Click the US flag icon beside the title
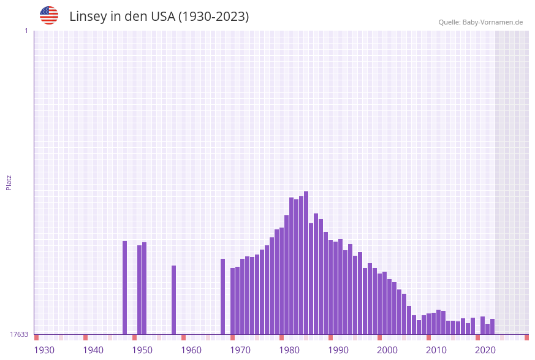click(x=49, y=15)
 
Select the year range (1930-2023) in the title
click(x=213, y=17)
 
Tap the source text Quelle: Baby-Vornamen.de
click(x=480, y=22)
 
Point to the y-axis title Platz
click(x=9, y=182)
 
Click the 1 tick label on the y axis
click(x=26, y=31)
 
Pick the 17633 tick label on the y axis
click(x=19, y=334)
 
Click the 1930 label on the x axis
click(x=44, y=350)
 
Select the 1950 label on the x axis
click(x=142, y=350)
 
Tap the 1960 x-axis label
click(x=191, y=350)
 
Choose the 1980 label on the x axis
click(x=289, y=350)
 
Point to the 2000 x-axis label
click(x=387, y=350)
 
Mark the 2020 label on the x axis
click(x=485, y=350)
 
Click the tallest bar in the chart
click(x=306, y=262)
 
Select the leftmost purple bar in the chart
click(x=124, y=288)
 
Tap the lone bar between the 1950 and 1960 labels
click(x=173, y=300)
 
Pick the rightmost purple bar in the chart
click(x=492, y=326)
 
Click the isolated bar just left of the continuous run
click(x=222, y=296)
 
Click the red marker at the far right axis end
click(x=526, y=337)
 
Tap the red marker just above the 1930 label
click(x=36, y=337)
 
